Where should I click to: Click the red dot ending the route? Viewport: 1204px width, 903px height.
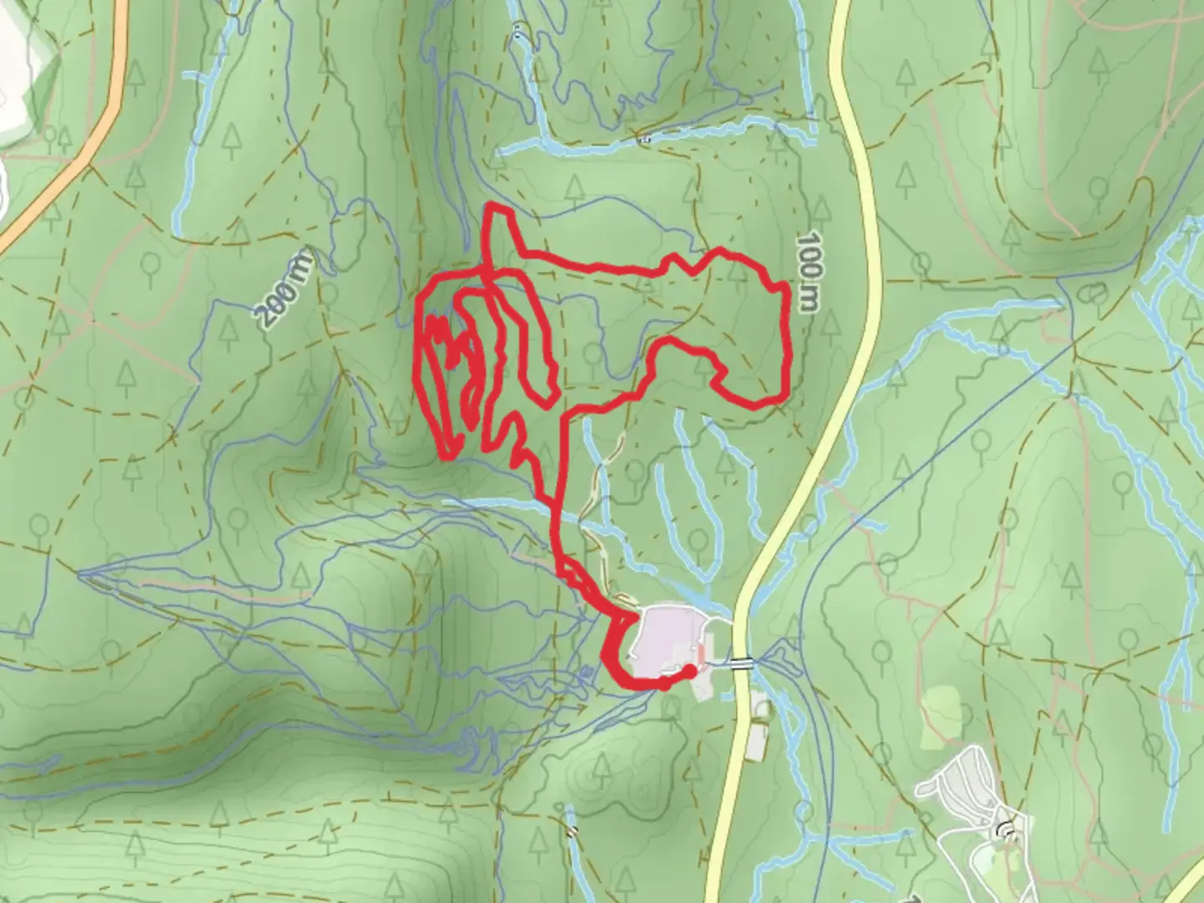click(x=689, y=671)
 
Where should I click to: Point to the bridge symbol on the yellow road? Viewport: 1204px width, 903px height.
click(x=740, y=664)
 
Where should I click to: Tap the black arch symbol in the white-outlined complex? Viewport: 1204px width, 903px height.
click(x=1007, y=829)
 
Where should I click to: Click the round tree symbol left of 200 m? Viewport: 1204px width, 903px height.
click(x=151, y=264)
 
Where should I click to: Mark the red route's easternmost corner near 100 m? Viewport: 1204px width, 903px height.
click(x=786, y=288)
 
